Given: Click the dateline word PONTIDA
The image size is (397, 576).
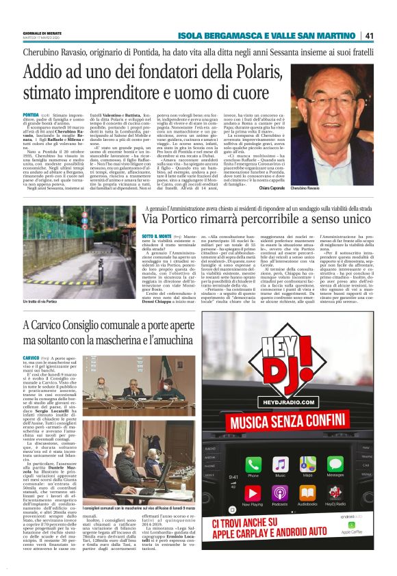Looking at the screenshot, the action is pyautogui.click(x=31, y=116).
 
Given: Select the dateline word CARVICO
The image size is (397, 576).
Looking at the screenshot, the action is pyautogui.click(x=31, y=357).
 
